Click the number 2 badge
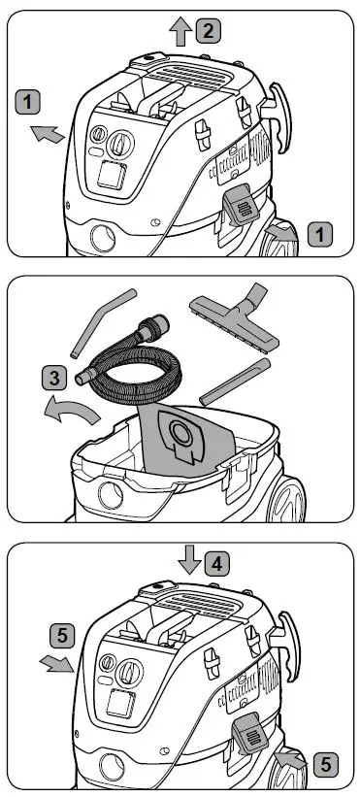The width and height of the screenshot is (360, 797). point(208,31)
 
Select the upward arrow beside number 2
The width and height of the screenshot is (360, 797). point(180,31)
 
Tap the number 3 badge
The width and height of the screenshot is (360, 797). point(53,379)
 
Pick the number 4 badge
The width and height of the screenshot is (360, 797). point(217,564)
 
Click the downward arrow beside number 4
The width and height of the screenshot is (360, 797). point(190,559)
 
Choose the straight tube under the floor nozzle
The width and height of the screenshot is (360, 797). point(235,382)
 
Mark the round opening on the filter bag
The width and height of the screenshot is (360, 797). point(180,433)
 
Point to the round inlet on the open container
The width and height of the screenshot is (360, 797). point(111,496)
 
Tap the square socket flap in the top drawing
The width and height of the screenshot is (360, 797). point(112,175)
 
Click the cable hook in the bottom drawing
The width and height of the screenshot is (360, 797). point(285,647)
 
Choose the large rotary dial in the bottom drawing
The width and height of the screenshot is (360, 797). point(129,673)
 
